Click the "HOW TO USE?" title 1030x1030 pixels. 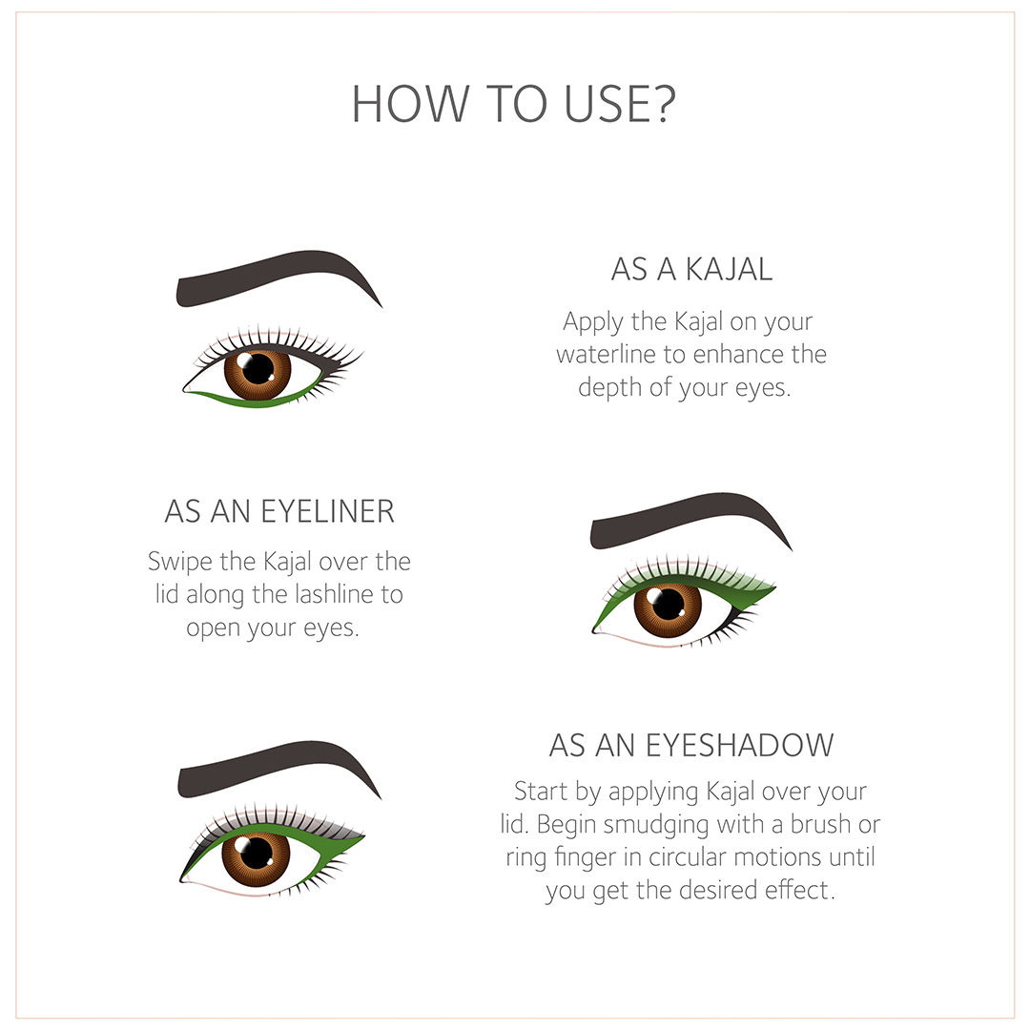pyautogui.click(x=514, y=105)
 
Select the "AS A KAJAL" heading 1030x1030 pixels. pyautogui.click(x=691, y=269)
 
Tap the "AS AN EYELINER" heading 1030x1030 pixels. pyautogui.click(x=279, y=511)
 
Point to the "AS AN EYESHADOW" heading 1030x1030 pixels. pyautogui.click(x=691, y=746)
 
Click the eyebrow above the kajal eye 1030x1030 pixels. pyautogui.click(x=276, y=276)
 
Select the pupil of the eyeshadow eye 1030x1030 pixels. pyautogui.click(x=257, y=854)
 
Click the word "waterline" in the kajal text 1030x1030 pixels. pyautogui.click(x=607, y=355)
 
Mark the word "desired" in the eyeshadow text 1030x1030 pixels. pyautogui.click(x=718, y=890)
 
